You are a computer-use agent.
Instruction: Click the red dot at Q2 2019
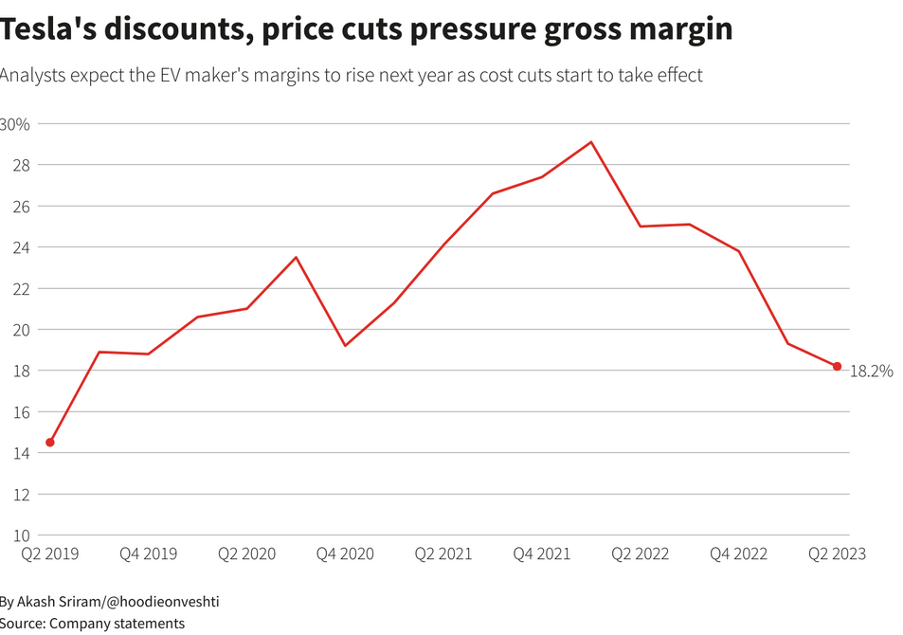click(x=50, y=443)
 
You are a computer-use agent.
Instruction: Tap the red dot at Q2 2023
click(x=837, y=367)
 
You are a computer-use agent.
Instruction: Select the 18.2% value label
click(x=871, y=372)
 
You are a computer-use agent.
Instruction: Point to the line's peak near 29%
click(x=591, y=142)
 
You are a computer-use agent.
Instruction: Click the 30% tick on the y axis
click(x=15, y=124)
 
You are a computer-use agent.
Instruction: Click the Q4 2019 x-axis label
click(x=148, y=553)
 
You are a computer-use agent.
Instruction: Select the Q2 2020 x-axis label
click(x=246, y=553)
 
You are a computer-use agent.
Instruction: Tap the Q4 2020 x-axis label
click(x=345, y=553)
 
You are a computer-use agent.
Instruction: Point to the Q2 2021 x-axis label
click(x=443, y=553)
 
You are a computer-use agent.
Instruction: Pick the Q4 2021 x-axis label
click(x=542, y=553)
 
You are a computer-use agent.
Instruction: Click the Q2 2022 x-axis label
click(x=641, y=553)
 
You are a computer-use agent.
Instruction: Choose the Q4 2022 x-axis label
click(x=739, y=553)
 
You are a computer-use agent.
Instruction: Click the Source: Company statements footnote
click(x=92, y=623)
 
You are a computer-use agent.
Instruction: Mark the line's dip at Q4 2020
click(x=345, y=345)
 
